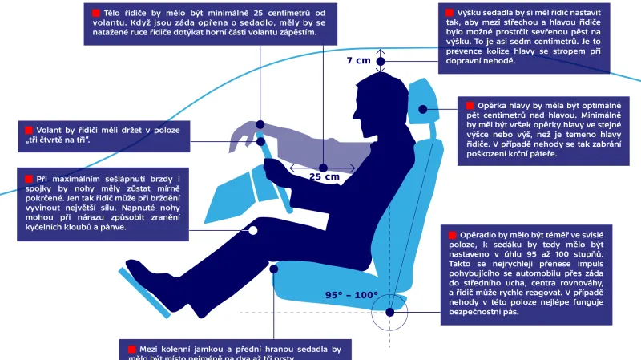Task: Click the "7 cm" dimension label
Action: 359,60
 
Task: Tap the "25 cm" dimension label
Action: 325,176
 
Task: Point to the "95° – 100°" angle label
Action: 352,295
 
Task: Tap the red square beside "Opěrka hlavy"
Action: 470,105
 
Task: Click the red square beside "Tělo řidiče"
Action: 97,14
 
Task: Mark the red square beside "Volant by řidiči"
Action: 29,129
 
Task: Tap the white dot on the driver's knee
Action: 252,230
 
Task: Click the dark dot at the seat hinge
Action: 390,313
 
